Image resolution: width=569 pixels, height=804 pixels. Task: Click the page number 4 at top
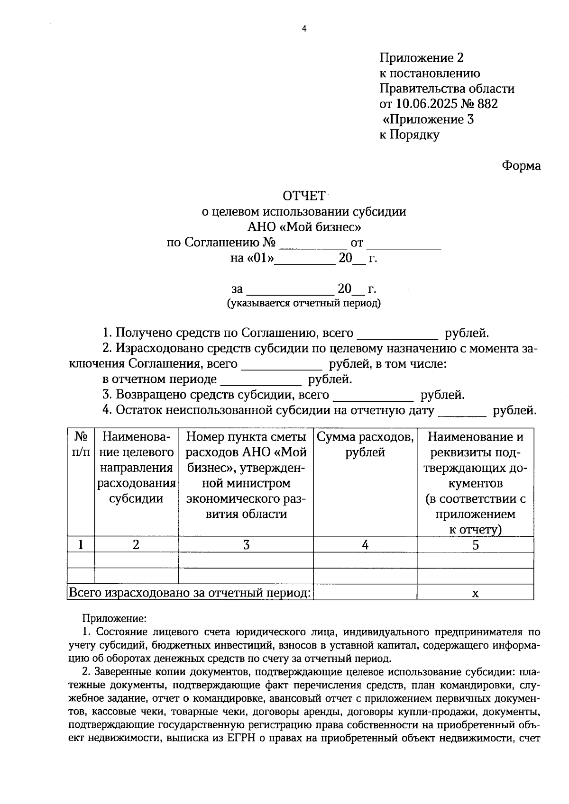click(x=304, y=29)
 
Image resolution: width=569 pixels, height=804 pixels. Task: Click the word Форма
click(x=521, y=166)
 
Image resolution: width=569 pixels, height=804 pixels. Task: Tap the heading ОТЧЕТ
click(x=304, y=196)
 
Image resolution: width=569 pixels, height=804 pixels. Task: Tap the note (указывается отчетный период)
click(x=304, y=303)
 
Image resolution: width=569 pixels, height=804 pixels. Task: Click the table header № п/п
click(x=81, y=444)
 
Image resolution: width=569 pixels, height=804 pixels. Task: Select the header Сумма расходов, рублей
click(x=365, y=444)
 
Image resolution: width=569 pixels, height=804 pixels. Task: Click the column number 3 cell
click(x=246, y=545)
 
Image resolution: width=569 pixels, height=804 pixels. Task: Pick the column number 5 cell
click(x=475, y=545)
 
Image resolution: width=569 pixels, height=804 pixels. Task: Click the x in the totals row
click(x=476, y=593)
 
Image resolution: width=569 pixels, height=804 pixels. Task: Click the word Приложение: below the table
click(x=114, y=618)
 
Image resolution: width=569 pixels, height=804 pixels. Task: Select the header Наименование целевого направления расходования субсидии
click(x=137, y=468)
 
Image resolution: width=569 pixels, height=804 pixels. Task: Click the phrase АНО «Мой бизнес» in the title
click(x=304, y=227)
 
